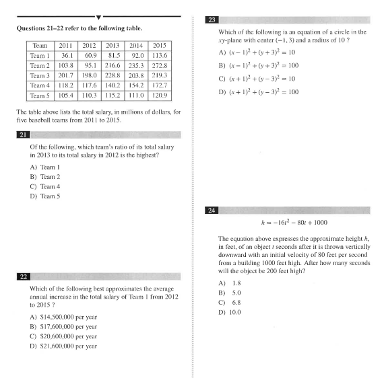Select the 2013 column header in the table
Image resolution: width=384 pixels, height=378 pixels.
(x=113, y=46)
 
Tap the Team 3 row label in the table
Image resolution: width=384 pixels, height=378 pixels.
(x=40, y=76)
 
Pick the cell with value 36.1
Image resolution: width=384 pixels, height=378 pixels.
(x=67, y=56)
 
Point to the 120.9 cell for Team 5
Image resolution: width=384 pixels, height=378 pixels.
(x=160, y=96)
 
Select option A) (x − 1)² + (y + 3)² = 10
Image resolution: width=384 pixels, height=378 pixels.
(x=258, y=52)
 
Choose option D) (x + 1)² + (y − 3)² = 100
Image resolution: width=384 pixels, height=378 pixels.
(x=259, y=91)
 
